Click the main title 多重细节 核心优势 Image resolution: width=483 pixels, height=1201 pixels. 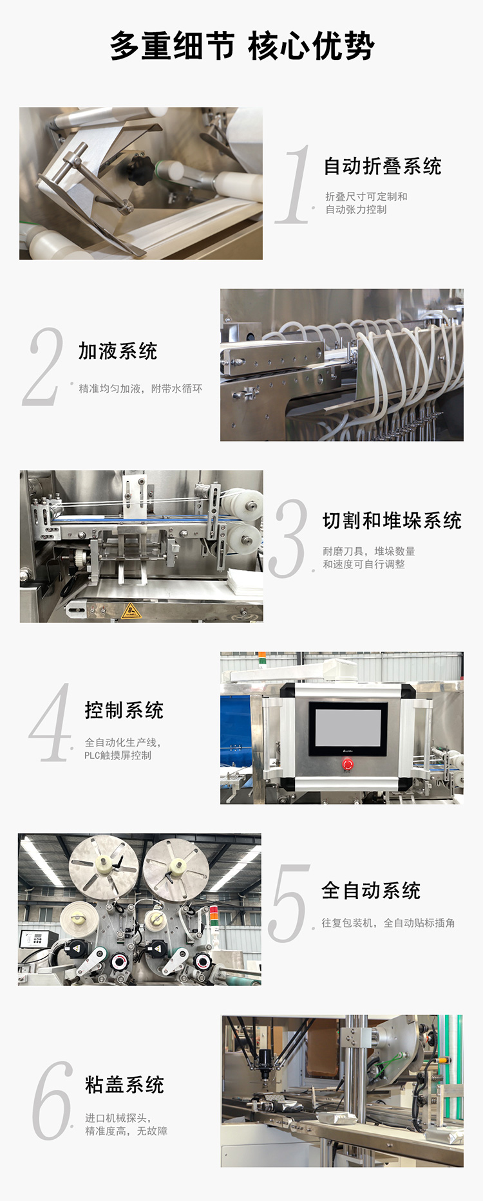241,46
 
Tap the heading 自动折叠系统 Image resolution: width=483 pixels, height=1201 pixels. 382,166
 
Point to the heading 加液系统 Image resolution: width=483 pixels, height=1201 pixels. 118,351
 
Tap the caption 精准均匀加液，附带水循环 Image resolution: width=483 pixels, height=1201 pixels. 140,389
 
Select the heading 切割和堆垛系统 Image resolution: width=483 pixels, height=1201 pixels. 392,521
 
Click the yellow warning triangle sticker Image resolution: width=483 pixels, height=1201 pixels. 131,610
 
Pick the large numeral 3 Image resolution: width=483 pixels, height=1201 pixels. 289,538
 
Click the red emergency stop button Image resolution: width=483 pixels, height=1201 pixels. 348,764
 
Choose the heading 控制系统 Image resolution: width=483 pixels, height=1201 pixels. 124,710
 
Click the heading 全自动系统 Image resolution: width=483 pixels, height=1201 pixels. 370,891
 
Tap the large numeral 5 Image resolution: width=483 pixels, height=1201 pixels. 289,904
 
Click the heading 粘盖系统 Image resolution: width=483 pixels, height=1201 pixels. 124,1085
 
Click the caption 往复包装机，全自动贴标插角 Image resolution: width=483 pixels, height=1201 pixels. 388,923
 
